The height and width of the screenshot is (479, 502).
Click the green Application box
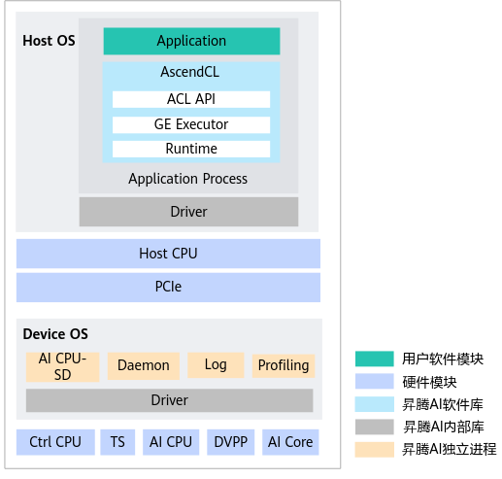click(x=191, y=41)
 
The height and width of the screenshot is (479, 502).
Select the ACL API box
click(x=191, y=99)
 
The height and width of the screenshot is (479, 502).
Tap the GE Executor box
click(x=191, y=124)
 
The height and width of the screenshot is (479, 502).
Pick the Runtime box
click(x=191, y=149)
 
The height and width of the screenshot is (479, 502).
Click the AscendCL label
click(x=190, y=72)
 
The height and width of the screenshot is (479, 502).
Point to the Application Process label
click(x=187, y=179)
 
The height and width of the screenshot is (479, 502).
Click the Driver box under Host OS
click(x=188, y=212)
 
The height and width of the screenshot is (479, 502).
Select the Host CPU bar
click(x=168, y=254)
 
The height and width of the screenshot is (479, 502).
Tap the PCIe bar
click(x=168, y=288)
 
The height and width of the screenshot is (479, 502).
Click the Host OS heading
click(x=49, y=41)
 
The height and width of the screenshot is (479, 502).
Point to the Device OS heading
click(x=55, y=334)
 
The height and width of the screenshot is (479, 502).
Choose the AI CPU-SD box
click(x=62, y=367)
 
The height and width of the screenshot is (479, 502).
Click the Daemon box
click(x=144, y=366)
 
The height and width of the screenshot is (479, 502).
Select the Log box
click(x=216, y=365)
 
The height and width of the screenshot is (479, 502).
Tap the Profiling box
click(x=284, y=365)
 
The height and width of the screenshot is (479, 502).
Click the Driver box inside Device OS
click(x=170, y=400)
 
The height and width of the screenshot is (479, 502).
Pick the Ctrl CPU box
click(x=55, y=442)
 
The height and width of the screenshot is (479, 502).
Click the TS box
click(x=117, y=442)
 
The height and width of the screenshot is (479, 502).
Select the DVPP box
click(x=231, y=442)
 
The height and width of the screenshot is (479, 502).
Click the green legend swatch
click(x=375, y=359)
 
